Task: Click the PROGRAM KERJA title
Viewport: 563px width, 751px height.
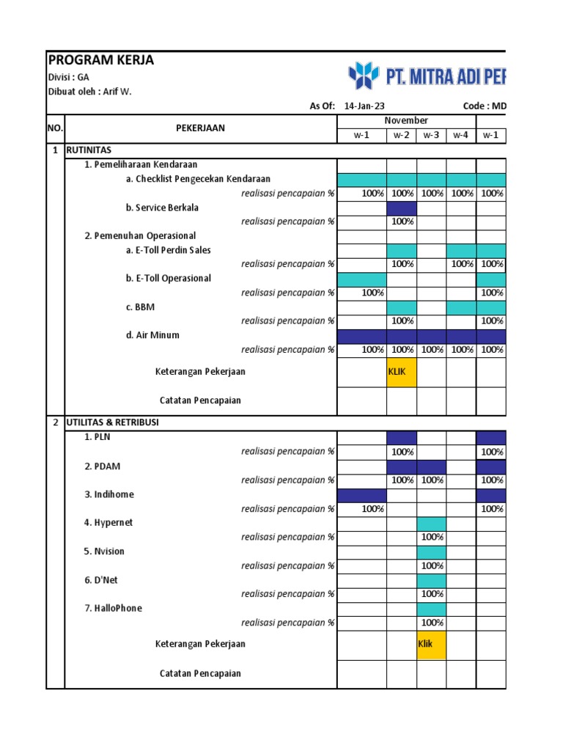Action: [x=101, y=60]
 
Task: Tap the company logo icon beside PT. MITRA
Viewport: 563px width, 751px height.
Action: [x=363, y=76]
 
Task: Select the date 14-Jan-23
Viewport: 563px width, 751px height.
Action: [x=364, y=106]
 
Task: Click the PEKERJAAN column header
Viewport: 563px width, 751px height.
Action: [x=200, y=128]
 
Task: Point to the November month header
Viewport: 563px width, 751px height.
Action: [x=406, y=120]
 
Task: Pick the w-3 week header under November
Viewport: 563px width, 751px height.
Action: [x=432, y=136]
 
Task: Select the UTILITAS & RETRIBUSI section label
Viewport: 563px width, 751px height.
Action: [x=112, y=423]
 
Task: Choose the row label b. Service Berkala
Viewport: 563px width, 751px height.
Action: [x=162, y=208]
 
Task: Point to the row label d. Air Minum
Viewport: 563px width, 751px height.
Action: [x=152, y=335]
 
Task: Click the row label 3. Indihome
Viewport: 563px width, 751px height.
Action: [x=108, y=494]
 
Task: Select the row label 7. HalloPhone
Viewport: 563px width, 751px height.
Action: [x=113, y=608]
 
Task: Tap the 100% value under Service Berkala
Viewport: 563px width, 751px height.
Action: [x=402, y=221]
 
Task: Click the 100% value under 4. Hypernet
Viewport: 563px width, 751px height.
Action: [x=432, y=537]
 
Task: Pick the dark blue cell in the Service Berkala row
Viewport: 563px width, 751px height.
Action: [x=402, y=208]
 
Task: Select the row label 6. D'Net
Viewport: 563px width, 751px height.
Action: [x=102, y=580]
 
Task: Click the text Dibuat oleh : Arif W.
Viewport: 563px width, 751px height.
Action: [x=90, y=92]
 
